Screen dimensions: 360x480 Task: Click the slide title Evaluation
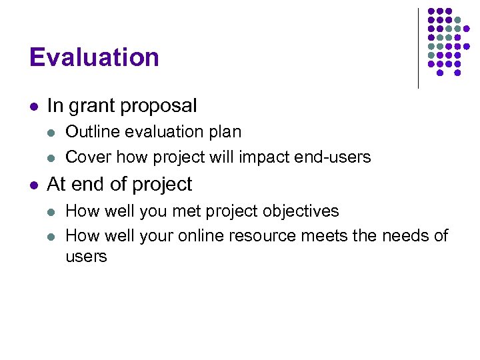coord(94,57)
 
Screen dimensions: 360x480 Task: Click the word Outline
coord(88,132)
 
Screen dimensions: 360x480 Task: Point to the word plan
coord(225,132)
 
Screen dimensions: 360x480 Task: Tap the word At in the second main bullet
coord(57,184)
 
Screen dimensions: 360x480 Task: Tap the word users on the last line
coord(86,257)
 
